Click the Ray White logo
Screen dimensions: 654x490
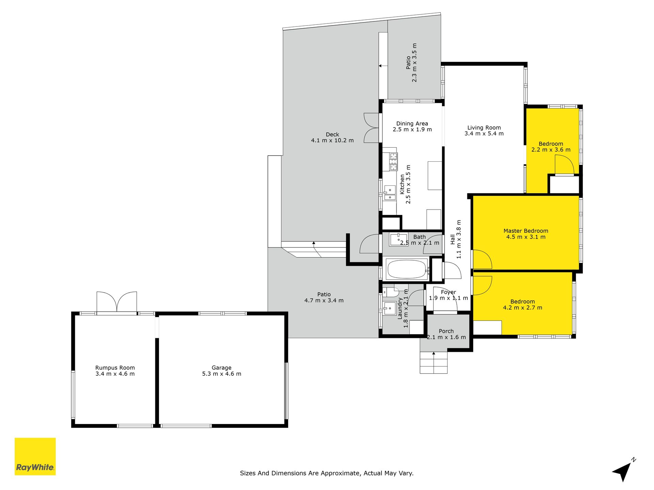coord(35,456)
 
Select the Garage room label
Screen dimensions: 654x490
coord(221,368)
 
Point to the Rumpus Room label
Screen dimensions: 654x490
coord(115,368)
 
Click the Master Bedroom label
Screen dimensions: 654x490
coord(526,231)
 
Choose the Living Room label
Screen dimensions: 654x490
coord(484,128)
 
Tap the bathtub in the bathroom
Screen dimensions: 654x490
coord(407,269)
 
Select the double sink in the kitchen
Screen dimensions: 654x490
coord(390,193)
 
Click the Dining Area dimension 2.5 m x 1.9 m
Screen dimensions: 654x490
coord(412,130)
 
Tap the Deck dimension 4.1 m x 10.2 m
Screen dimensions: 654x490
coord(332,141)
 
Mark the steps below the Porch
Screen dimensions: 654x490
coord(434,362)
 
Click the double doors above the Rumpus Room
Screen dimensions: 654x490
coord(117,302)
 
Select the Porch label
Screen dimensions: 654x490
coord(446,331)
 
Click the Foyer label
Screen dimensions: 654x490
coord(448,292)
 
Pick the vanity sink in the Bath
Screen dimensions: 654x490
coord(398,240)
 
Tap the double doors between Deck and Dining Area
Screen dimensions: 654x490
coord(371,128)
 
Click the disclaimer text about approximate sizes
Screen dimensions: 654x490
coord(327,473)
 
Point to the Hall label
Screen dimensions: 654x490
coord(453,239)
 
